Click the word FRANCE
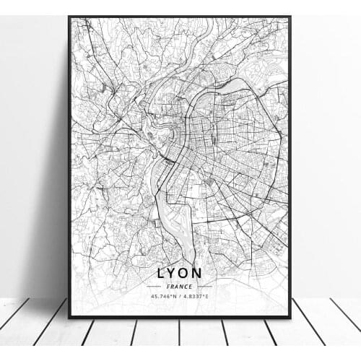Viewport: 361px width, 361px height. [180, 287]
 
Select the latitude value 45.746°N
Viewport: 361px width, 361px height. [164, 296]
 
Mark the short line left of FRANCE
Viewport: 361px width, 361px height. [155, 287]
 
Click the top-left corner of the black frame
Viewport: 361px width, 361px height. [69, 17]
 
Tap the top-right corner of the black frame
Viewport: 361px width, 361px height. [290, 17]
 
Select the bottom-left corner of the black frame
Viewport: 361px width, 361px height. [69, 317]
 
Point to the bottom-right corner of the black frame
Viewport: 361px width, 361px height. [290, 317]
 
